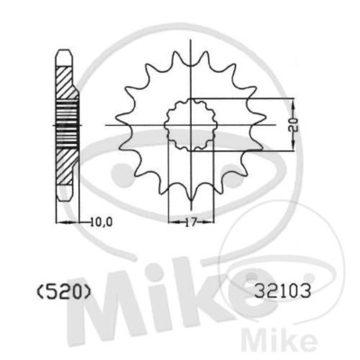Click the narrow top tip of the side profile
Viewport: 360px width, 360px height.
tap(64, 54)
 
